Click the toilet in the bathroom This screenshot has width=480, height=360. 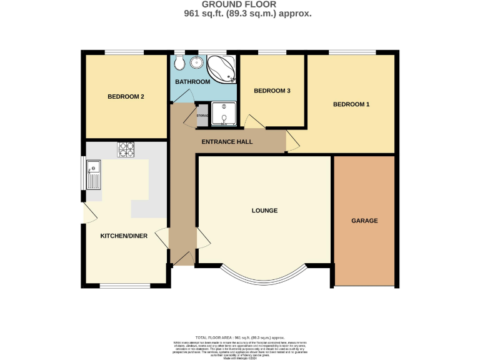pos(179,62)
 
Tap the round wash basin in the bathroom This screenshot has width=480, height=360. pos(197,62)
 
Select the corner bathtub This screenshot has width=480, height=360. pos(222,67)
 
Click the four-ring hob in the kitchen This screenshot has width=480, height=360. pos(126,149)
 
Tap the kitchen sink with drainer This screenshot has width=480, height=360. pos(92,174)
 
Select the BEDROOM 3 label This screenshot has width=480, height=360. pos(272,91)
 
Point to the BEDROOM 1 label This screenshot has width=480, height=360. pos(351,104)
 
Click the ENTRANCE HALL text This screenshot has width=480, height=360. pos(227,142)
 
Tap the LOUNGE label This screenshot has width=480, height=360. pos(264,211)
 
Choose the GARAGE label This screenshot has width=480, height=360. pos(364,221)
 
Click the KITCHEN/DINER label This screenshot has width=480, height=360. pos(124,236)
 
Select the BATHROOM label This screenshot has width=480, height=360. pos(192,82)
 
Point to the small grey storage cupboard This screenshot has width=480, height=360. pos(202,115)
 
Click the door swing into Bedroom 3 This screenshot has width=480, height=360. pos(253,121)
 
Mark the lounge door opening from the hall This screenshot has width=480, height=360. pos(203,238)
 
